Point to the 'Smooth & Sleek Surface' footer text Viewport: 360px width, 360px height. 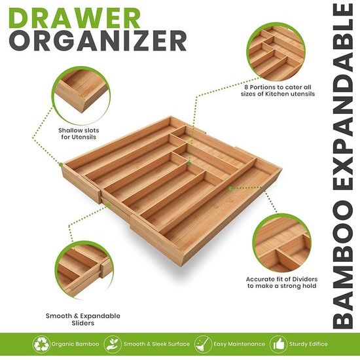161,343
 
